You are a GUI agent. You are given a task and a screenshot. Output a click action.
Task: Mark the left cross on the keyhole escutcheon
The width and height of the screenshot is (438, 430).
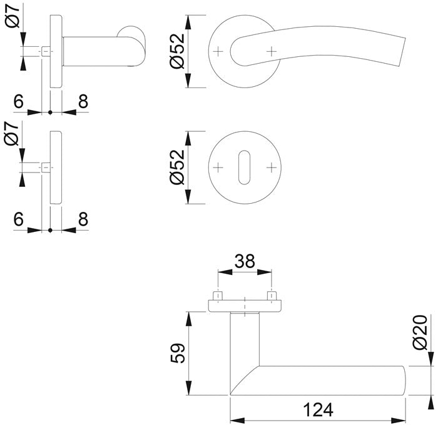(218, 167)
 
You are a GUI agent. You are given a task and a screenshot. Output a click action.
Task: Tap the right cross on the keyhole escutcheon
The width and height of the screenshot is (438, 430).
(271, 167)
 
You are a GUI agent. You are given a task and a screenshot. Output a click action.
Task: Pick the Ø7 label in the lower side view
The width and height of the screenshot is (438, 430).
(13, 132)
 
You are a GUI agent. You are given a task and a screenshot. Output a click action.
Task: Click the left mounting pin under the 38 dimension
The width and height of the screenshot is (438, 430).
(217, 294)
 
